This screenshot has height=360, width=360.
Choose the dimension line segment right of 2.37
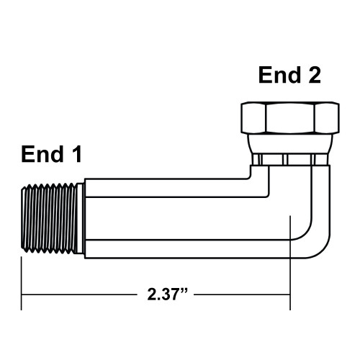pyautogui.click(x=241, y=295)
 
